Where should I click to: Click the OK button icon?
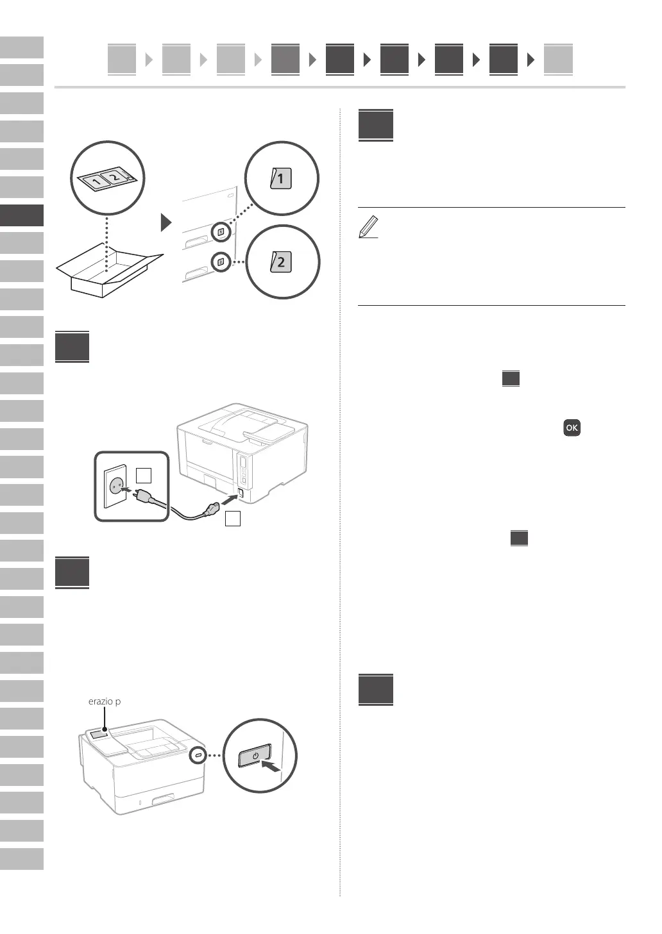pos(572,428)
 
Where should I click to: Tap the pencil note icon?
pos(369,228)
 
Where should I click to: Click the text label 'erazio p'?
pos(105,701)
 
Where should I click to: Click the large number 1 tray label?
pos(282,178)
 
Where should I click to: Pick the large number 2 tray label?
pos(282,262)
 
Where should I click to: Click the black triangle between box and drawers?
pos(166,222)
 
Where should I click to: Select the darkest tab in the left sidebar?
pos(22,215)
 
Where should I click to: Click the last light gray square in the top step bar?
pos(557,60)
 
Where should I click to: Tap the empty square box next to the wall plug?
pos(144,475)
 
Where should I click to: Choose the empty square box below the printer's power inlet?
pos(233,519)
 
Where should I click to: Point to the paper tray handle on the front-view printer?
pos(163,798)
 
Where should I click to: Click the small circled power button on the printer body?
pos(198,756)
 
